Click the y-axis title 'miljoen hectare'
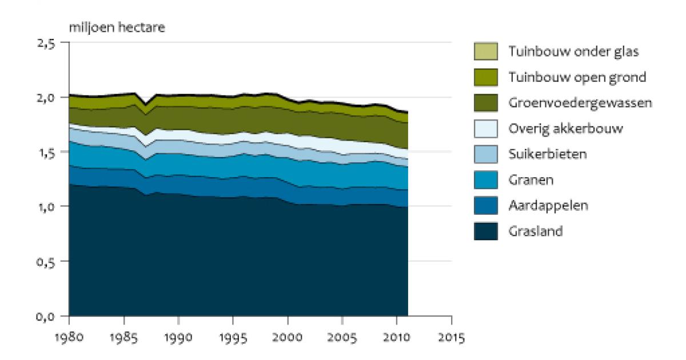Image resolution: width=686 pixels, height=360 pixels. point(117,27)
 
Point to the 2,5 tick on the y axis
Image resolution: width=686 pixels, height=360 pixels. point(46,43)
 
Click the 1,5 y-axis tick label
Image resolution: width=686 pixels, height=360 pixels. point(46,153)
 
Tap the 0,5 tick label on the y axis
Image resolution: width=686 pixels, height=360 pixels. point(46,262)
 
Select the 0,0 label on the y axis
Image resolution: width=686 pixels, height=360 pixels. point(46,317)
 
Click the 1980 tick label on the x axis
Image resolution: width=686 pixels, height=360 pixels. point(69,337)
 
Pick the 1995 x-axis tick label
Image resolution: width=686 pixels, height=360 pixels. point(233,337)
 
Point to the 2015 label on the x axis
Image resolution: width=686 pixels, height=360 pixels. point(452,337)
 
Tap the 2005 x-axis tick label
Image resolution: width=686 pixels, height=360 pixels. point(342,337)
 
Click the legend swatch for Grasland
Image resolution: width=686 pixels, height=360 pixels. point(486,231)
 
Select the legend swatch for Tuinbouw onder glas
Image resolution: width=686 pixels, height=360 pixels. point(486,51)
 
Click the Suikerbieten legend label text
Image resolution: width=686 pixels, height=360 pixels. point(548,154)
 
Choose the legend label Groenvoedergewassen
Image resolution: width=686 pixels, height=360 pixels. point(580,103)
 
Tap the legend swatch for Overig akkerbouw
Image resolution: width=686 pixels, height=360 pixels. point(486,129)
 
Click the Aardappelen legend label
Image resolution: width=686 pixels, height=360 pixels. point(548,205)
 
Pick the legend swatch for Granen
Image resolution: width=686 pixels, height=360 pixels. point(486,179)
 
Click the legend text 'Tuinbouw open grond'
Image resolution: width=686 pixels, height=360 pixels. point(577,77)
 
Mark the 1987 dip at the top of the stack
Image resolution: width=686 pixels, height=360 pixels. point(146,103)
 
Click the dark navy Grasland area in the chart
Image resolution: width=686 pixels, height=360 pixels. point(238,260)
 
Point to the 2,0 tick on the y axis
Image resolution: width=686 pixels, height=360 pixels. point(46,98)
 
